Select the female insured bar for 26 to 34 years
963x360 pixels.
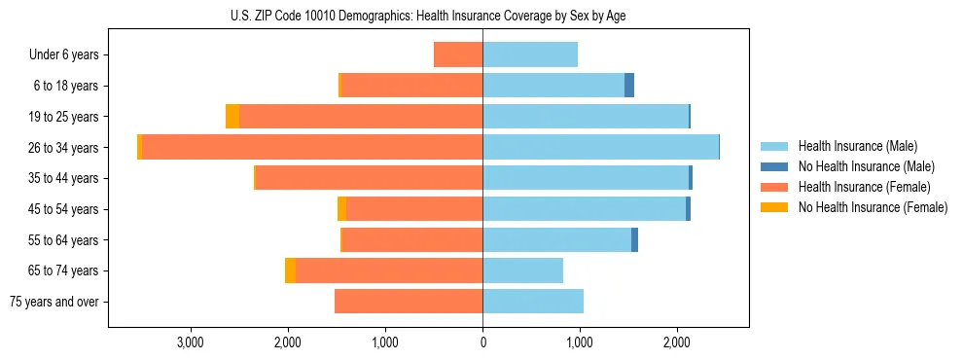tap(312, 147)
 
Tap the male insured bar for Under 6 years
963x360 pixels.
tap(530, 54)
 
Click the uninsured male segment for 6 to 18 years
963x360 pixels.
tap(629, 86)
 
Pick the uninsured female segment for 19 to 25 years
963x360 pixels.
tap(232, 117)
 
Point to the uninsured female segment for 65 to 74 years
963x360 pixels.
tap(290, 270)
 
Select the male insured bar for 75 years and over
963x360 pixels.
tap(533, 302)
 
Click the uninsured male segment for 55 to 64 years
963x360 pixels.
tap(634, 239)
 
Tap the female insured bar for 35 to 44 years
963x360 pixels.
tap(369, 178)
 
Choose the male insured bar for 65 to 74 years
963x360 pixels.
tap(522, 270)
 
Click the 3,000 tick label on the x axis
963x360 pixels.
tap(191, 342)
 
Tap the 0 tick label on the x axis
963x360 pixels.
tap(482, 342)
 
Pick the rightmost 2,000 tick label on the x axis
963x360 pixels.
tap(677, 342)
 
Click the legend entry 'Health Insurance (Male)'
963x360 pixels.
tap(857, 146)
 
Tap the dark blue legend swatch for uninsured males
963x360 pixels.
tap(774, 166)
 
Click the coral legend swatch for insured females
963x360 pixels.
tap(774, 187)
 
